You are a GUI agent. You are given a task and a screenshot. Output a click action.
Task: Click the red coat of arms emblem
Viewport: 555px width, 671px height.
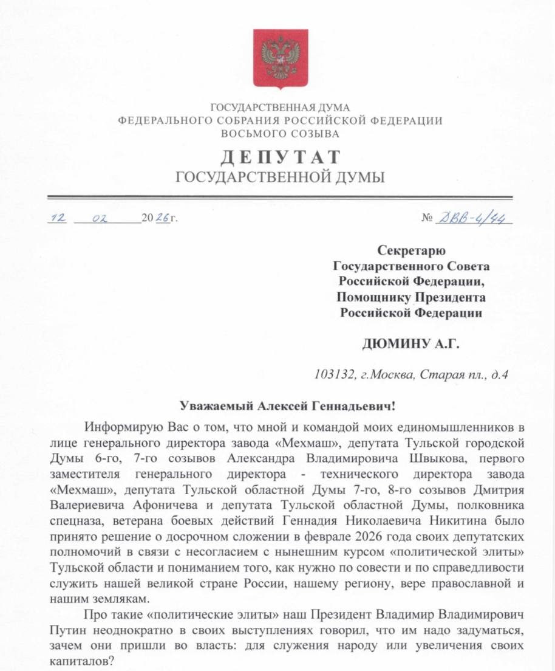tap(280, 59)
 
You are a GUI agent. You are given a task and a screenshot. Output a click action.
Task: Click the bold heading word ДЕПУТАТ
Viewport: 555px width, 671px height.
tap(280, 157)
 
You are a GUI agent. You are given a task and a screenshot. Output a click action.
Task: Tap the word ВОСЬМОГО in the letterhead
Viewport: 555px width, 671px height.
tap(254, 134)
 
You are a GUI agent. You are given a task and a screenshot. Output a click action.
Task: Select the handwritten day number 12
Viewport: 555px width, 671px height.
tap(58, 218)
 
